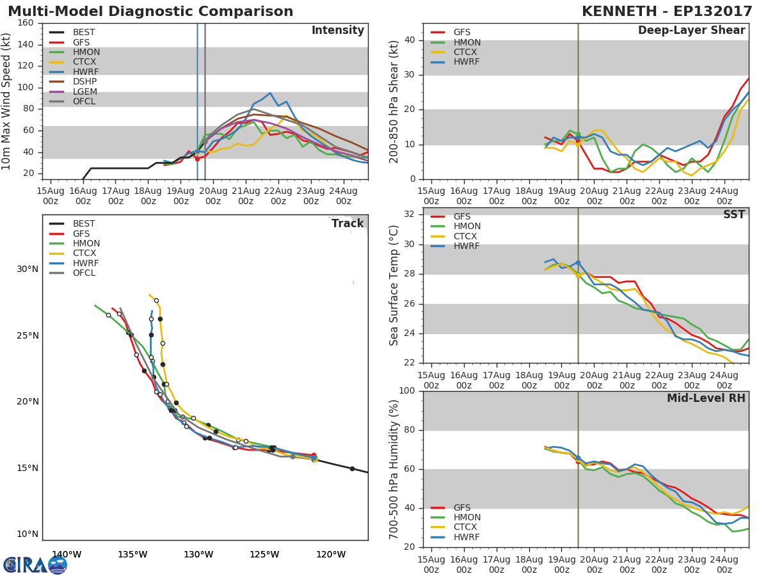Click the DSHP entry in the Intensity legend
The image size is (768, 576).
pos(84,82)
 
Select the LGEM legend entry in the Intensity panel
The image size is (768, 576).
pos(84,92)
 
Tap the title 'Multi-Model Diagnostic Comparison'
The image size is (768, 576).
pos(150,12)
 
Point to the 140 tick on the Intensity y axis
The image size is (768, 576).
pos(26,44)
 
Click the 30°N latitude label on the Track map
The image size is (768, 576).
pos(28,269)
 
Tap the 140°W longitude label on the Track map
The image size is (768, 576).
pos(67,555)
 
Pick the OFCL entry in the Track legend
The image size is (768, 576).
pos(84,273)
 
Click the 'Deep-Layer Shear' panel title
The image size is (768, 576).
pos(691,31)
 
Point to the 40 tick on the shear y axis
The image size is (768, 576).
pos(410,40)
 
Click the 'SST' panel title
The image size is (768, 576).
pos(733,215)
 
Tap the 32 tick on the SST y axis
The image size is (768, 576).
pos(410,214)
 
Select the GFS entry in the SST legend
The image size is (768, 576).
pos(461,217)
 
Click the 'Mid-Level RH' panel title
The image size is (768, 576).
pos(706,398)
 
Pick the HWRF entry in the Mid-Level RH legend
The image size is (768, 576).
pos(467,538)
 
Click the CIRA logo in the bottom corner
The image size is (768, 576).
pos(35,565)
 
